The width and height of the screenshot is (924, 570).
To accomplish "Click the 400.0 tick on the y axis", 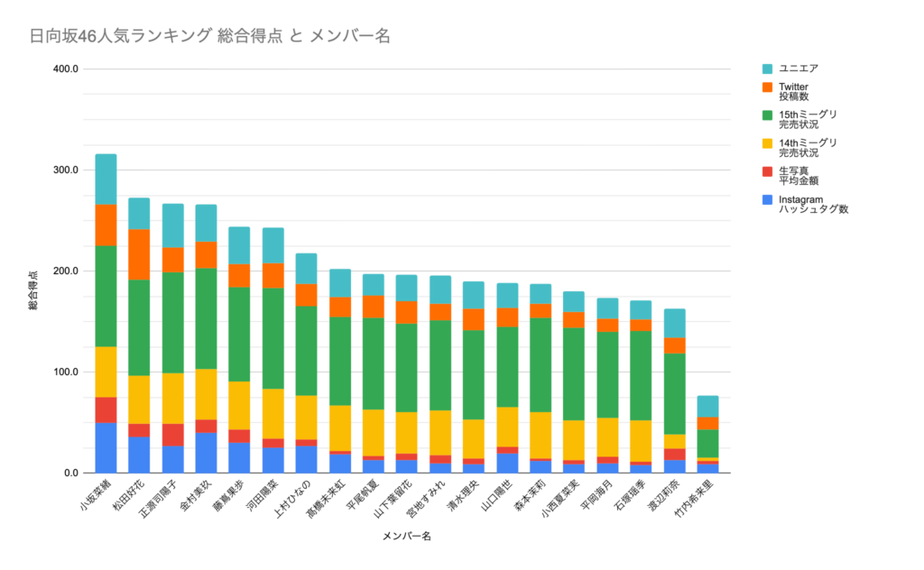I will (x=68, y=69).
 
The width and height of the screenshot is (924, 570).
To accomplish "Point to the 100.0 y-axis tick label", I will (x=68, y=372).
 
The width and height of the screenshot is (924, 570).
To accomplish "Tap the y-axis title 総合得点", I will (x=33, y=290).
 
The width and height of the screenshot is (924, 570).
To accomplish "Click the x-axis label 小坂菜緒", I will (x=96, y=499).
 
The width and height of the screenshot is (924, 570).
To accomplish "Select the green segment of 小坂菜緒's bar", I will (x=106, y=296).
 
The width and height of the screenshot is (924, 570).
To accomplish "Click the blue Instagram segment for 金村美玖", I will (x=206, y=453).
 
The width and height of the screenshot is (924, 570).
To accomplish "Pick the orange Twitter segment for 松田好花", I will (x=139, y=254).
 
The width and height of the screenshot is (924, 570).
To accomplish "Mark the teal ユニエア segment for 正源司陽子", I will (x=172, y=225).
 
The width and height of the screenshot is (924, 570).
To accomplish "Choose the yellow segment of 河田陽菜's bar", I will (x=273, y=413).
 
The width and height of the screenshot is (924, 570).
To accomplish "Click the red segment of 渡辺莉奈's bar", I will (x=674, y=454).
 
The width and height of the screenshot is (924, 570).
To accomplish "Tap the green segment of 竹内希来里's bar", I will (x=707, y=444).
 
